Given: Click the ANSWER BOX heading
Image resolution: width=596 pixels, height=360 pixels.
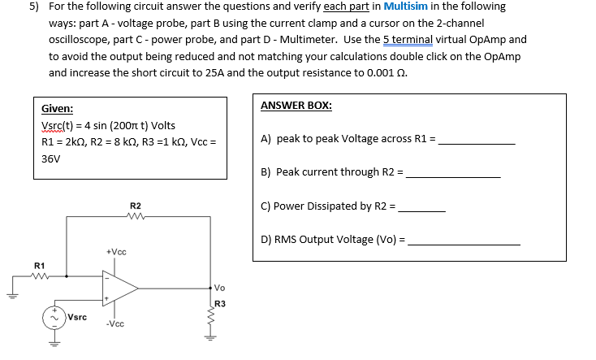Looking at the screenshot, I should [296, 106].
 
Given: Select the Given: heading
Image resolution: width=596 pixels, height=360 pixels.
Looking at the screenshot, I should [57, 108].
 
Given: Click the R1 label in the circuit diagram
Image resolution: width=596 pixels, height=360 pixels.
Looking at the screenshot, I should [39, 266].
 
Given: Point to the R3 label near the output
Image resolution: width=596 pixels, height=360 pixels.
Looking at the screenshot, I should [220, 304].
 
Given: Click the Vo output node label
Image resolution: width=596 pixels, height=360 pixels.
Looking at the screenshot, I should [221, 288].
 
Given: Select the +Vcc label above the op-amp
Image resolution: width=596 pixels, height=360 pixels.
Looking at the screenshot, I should [115, 252].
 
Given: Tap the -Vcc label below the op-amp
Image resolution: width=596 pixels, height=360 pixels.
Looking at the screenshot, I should [114, 323].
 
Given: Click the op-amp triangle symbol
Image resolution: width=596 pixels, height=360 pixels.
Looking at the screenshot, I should [119, 287].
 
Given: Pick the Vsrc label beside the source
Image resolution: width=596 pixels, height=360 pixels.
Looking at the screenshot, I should [79, 317].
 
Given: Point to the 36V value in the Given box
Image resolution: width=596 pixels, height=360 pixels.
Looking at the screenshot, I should [52, 158].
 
